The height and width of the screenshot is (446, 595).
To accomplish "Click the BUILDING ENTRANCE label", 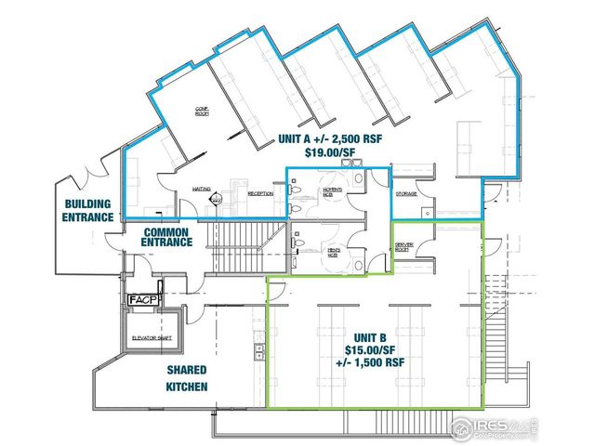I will [x=88, y=210].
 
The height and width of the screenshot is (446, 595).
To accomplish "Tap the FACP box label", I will [x=144, y=300].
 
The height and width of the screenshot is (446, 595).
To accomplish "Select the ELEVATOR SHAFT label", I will [x=154, y=337].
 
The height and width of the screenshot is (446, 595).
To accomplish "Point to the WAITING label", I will [x=200, y=189].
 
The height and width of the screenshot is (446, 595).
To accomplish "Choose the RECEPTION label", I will [x=259, y=193].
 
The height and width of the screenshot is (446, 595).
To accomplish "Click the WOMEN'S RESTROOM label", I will [x=334, y=192].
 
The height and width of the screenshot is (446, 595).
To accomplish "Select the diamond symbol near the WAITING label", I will [x=217, y=198].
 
